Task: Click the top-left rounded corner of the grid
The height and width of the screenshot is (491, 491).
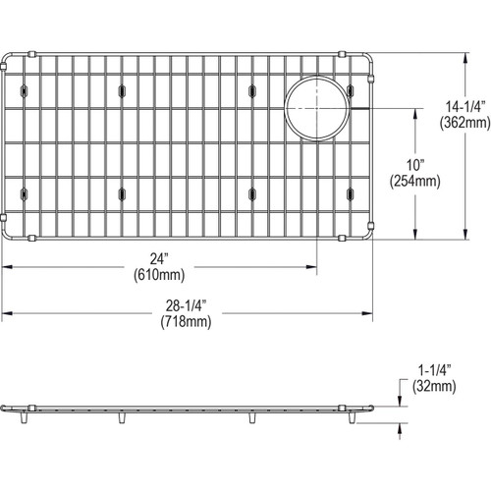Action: coord(8,58)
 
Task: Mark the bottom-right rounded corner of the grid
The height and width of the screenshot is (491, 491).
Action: coord(370,234)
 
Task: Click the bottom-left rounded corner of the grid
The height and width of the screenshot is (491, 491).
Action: coord(8,234)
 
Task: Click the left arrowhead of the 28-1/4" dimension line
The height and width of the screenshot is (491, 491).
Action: coord(4,312)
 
